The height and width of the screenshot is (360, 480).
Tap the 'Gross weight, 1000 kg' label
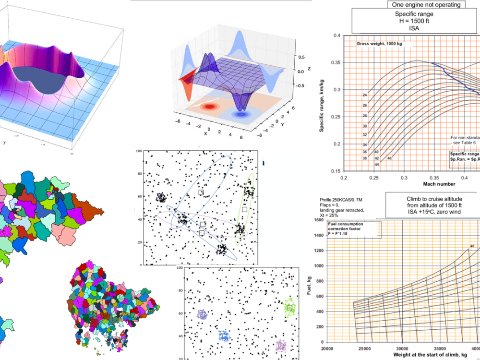[x=379, y=44]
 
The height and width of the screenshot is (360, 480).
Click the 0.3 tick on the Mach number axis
[x=404, y=177]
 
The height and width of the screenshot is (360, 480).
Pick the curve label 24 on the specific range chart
[x=365, y=95]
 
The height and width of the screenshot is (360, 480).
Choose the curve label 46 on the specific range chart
[x=389, y=158]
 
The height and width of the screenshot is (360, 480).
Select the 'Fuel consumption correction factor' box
[x=354, y=228]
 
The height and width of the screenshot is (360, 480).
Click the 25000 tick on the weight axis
[x=365, y=348]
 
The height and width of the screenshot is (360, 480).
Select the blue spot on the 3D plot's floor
[x=239, y=115]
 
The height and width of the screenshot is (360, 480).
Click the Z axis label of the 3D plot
[x=309, y=69]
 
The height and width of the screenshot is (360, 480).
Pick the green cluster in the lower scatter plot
[x=289, y=308]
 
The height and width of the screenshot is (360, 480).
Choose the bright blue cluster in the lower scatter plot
[x=224, y=336]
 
